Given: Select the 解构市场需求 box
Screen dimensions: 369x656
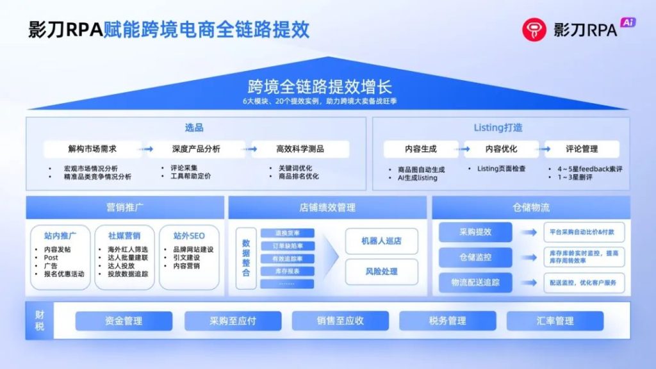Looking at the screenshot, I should tap(93, 149).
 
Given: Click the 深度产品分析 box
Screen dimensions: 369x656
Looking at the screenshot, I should tap(196, 149).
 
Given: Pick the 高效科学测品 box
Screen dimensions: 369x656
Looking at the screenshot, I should tap(300, 149).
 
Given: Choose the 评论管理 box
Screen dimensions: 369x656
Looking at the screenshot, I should tap(582, 149).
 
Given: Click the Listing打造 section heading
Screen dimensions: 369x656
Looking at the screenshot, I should tap(498, 127).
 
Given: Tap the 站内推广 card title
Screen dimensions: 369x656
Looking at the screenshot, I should tap(60, 235).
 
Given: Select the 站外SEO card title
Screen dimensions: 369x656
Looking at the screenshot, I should tap(188, 235).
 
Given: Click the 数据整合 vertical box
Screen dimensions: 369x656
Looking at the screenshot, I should tap(246, 258).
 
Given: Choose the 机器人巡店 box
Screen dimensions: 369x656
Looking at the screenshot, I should tap(381, 241).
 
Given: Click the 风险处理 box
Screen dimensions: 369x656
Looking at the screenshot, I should tap(381, 272).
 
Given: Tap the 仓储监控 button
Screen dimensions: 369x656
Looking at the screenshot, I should tap(475, 258).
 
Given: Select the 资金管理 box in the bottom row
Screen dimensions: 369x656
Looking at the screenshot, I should tap(124, 321).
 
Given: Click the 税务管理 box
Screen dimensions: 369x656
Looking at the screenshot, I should tap(447, 321).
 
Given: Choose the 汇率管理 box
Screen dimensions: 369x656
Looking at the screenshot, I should tap(555, 321).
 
